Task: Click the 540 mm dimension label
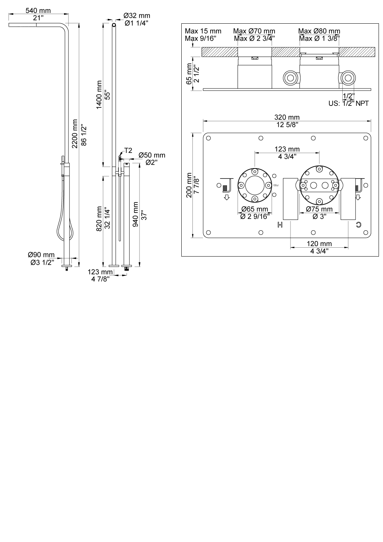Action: [38, 11]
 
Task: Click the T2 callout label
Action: [128, 150]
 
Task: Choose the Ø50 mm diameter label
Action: [152, 155]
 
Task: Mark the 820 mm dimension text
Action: [99, 220]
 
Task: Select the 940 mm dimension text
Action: [135, 215]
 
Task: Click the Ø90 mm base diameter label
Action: [41, 255]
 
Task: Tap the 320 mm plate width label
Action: [287, 117]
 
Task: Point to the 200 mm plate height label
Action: [189, 185]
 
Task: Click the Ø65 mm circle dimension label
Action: [255, 210]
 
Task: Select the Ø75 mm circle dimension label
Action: [319, 210]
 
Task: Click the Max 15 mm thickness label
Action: [203, 31]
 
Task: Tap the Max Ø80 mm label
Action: [319, 31]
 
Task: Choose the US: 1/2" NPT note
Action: [348, 103]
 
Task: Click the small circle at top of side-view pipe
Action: [114, 25]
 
